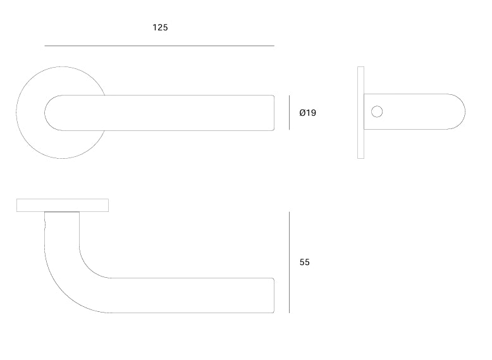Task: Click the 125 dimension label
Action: (160, 28)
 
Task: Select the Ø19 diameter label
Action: (307, 113)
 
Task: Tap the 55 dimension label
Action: (305, 262)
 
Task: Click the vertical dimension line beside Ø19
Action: (289, 113)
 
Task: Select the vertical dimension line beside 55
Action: (289, 262)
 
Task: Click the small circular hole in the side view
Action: (377, 112)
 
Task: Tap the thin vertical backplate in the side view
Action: (360, 112)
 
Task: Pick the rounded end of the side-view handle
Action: (457, 112)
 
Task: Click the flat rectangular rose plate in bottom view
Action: (63, 205)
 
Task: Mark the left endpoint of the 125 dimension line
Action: (45, 46)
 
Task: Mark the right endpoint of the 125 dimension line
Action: (274, 46)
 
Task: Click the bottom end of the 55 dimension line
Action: (289, 312)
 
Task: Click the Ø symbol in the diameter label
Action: (302, 113)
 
